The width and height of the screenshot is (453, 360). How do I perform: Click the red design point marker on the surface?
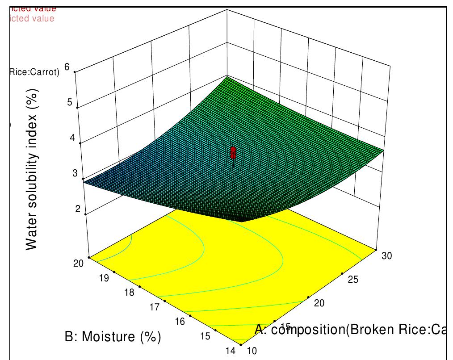[x=233, y=153]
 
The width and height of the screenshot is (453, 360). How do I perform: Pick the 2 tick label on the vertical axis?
[x=78, y=209]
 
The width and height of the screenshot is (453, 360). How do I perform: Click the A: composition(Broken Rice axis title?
[x=351, y=330]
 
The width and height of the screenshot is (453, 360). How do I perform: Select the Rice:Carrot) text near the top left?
[x=34, y=72]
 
